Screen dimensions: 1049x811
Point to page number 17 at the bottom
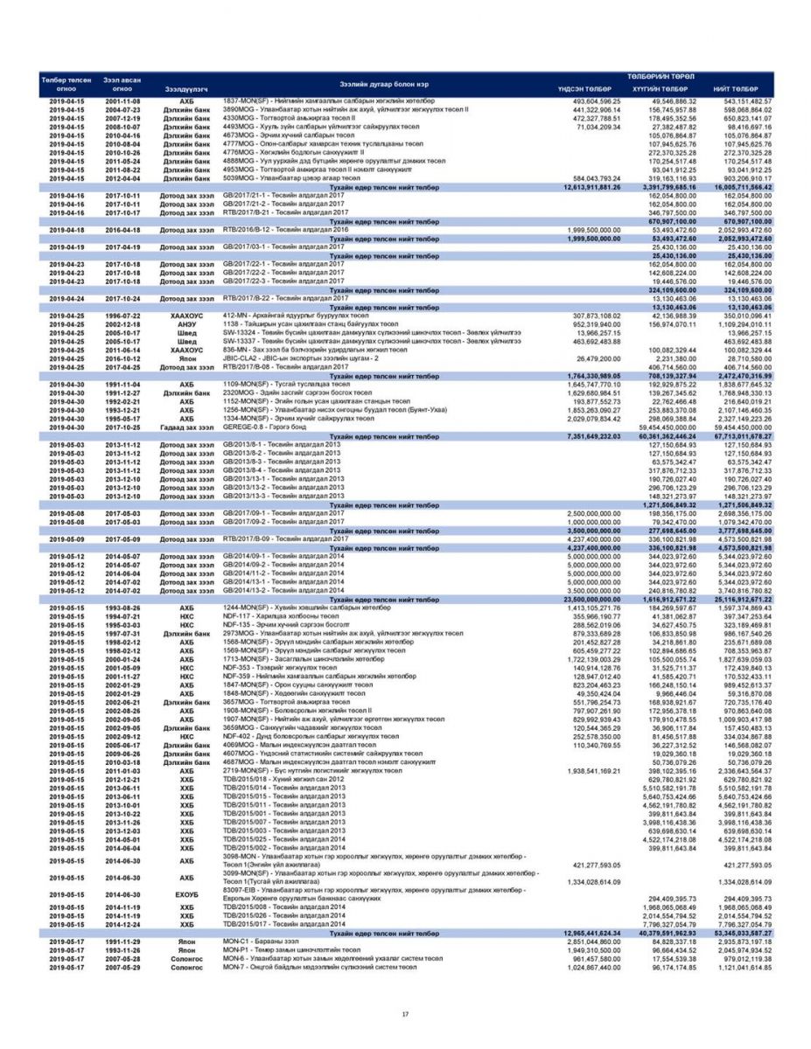405,1013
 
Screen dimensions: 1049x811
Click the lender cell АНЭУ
186,324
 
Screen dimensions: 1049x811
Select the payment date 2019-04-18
66,230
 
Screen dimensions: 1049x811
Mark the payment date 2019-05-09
66,539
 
